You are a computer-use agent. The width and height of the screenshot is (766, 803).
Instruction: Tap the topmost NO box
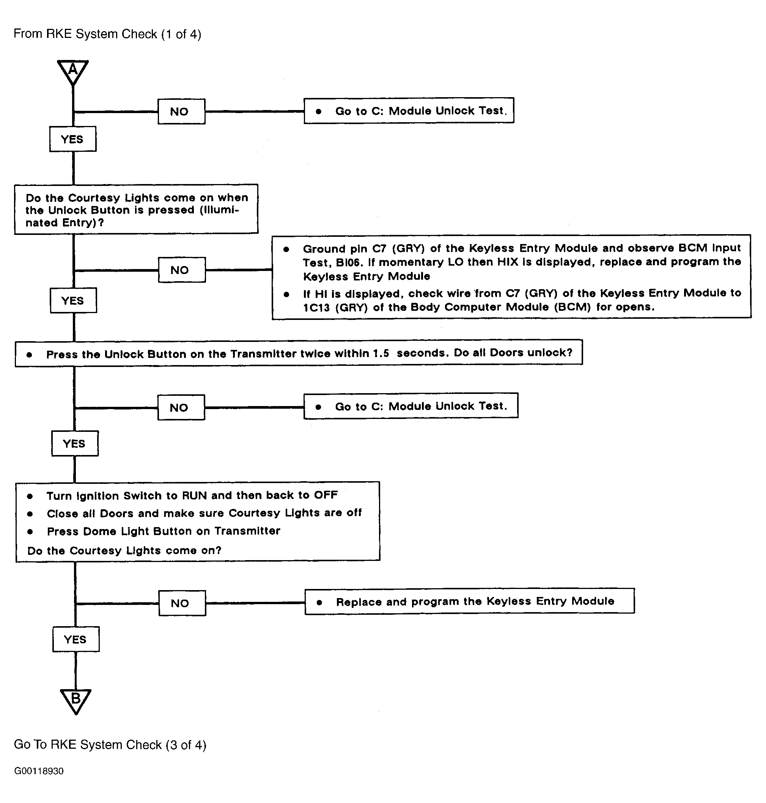click(x=181, y=112)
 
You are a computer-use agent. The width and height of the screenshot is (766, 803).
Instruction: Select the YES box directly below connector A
click(x=73, y=139)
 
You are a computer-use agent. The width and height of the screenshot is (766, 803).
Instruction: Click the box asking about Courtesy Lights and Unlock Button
click(x=136, y=209)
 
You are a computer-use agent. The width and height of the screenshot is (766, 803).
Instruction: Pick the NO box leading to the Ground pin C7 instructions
click(x=182, y=270)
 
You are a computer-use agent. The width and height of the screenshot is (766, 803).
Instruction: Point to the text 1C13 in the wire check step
click(x=316, y=307)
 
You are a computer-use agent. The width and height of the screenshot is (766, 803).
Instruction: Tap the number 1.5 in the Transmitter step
click(x=381, y=353)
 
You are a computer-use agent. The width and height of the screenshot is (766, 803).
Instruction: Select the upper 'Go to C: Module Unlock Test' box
click(x=409, y=110)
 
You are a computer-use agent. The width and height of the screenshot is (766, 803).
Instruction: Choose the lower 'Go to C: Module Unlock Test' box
click(x=411, y=406)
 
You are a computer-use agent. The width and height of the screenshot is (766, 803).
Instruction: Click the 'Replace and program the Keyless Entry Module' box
click(x=470, y=601)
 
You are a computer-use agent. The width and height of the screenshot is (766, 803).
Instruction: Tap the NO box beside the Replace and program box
click(x=182, y=603)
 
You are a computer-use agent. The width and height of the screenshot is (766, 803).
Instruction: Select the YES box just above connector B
click(x=76, y=639)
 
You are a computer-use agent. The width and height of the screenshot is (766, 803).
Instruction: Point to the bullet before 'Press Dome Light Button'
click(x=30, y=531)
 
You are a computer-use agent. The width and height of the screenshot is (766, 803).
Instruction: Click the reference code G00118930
click(x=39, y=771)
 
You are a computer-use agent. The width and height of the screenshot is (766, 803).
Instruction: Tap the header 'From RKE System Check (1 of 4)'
click(x=107, y=34)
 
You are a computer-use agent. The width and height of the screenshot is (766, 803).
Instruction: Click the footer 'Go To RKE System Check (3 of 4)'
click(x=110, y=745)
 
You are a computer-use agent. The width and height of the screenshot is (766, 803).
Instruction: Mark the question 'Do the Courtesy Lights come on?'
click(x=124, y=551)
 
